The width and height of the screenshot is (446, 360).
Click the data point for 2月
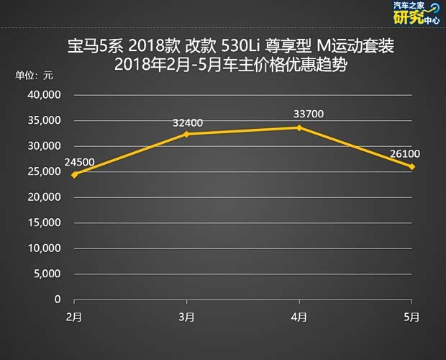74,175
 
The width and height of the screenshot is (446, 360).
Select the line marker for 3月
186,134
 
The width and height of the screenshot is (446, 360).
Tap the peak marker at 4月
299,127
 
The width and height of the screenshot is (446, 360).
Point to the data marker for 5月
411,166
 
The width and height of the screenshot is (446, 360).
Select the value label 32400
188,122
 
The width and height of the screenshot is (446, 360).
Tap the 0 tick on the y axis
58,300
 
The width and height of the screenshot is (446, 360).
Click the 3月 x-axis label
186,317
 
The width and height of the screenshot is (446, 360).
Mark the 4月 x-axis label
299,317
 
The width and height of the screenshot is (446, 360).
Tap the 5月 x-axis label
411,317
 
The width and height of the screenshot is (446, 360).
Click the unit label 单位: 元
35,75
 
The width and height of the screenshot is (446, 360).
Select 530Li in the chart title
243,48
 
